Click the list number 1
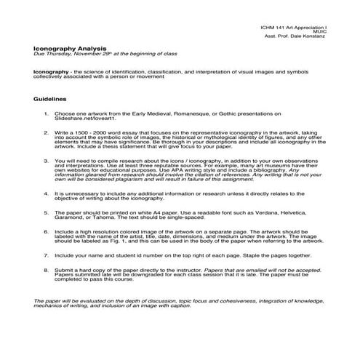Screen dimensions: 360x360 tap(46, 114)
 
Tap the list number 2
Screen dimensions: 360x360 tap(46, 133)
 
